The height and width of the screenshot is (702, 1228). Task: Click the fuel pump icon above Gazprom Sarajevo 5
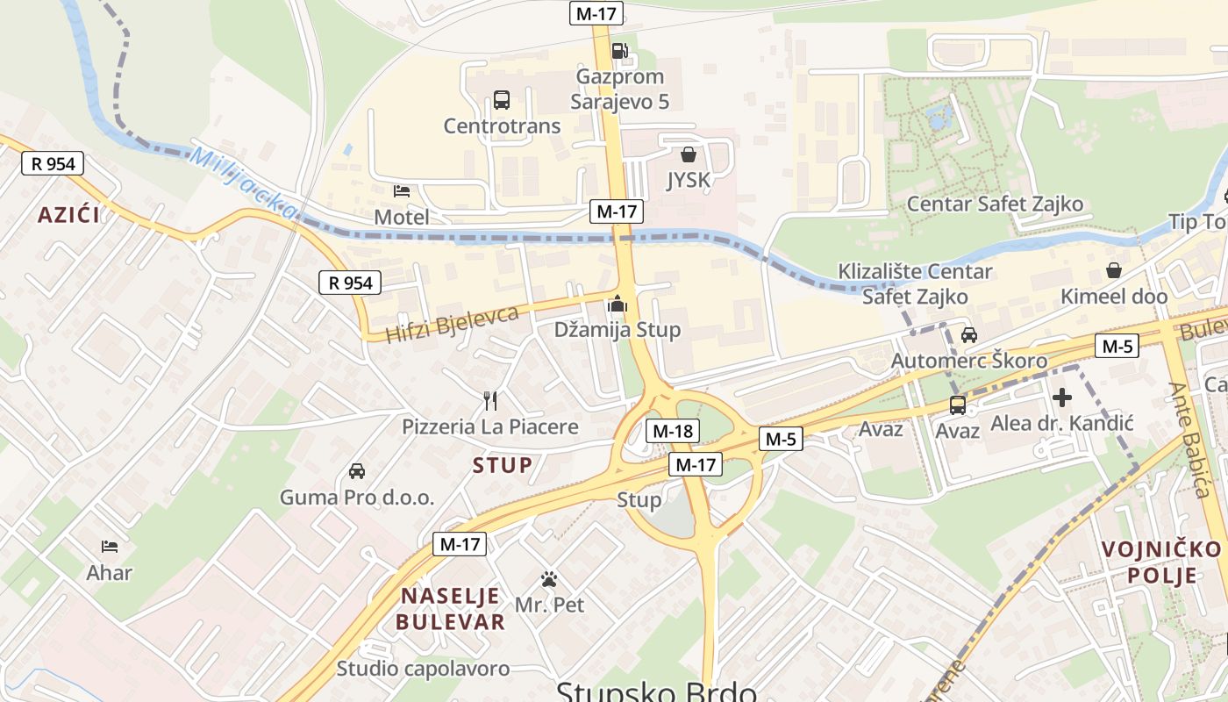(x=618, y=51)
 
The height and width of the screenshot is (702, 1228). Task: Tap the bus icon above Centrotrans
(x=501, y=100)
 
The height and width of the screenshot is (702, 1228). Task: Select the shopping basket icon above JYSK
(x=689, y=154)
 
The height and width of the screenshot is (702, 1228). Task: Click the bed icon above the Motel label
(x=402, y=190)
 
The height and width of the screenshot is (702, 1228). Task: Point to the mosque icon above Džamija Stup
(x=618, y=304)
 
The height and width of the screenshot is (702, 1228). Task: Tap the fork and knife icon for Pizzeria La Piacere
(x=490, y=401)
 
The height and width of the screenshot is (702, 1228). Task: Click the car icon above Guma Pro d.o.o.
(x=357, y=471)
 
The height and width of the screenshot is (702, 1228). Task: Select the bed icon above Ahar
(x=109, y=547)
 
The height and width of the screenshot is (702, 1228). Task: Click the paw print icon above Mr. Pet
(x=549, y=579)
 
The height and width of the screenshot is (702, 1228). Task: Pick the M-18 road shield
(x=673, y=431)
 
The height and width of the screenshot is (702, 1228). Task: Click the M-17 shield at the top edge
(x=596, y=13)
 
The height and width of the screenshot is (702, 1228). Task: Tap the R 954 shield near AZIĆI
(x=53, y=163)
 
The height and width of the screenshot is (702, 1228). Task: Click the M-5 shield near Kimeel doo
(x=1117, y=346)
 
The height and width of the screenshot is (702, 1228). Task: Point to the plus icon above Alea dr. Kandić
(x=1061, y=398)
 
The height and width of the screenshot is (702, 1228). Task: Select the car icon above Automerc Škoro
(x=968, y=334)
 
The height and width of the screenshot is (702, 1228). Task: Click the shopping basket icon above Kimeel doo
(x=1113, y=270)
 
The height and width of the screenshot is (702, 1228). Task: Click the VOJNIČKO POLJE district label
(x=1160, y=562)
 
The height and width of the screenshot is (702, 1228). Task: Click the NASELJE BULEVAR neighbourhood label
(x=450, y=609)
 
